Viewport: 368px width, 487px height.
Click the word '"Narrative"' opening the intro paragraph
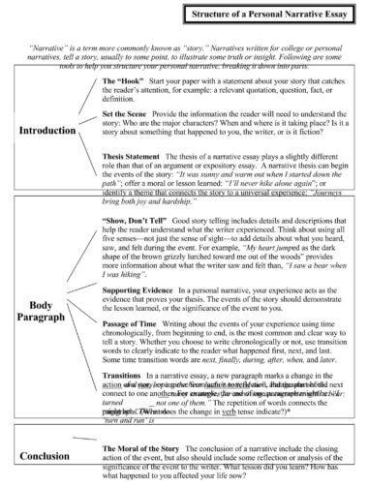[x=51, y=46]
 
